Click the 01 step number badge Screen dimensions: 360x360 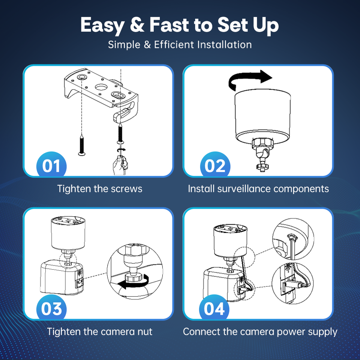[x=51, y=165]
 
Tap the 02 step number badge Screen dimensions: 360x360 [x=215, y=165]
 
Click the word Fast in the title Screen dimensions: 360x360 [x=169, y=25]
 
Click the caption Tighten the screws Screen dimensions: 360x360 [x=100, y=189]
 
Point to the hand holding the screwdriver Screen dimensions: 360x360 [x=120, y=165]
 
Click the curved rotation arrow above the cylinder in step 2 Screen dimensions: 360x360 [x=249, y=79]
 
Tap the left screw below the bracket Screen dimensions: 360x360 [x=82, y=145]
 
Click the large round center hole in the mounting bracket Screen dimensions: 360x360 [x=101, y=87]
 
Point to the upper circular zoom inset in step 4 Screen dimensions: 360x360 [x=293, y=239]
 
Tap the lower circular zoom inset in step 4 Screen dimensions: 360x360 [x=292, y=283]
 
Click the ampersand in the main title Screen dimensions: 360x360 [x=137, y=25]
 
